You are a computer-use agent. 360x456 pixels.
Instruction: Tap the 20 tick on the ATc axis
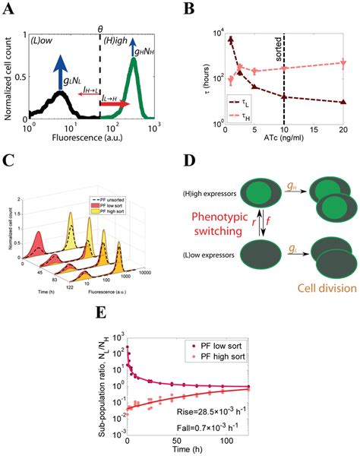point(346,131)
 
